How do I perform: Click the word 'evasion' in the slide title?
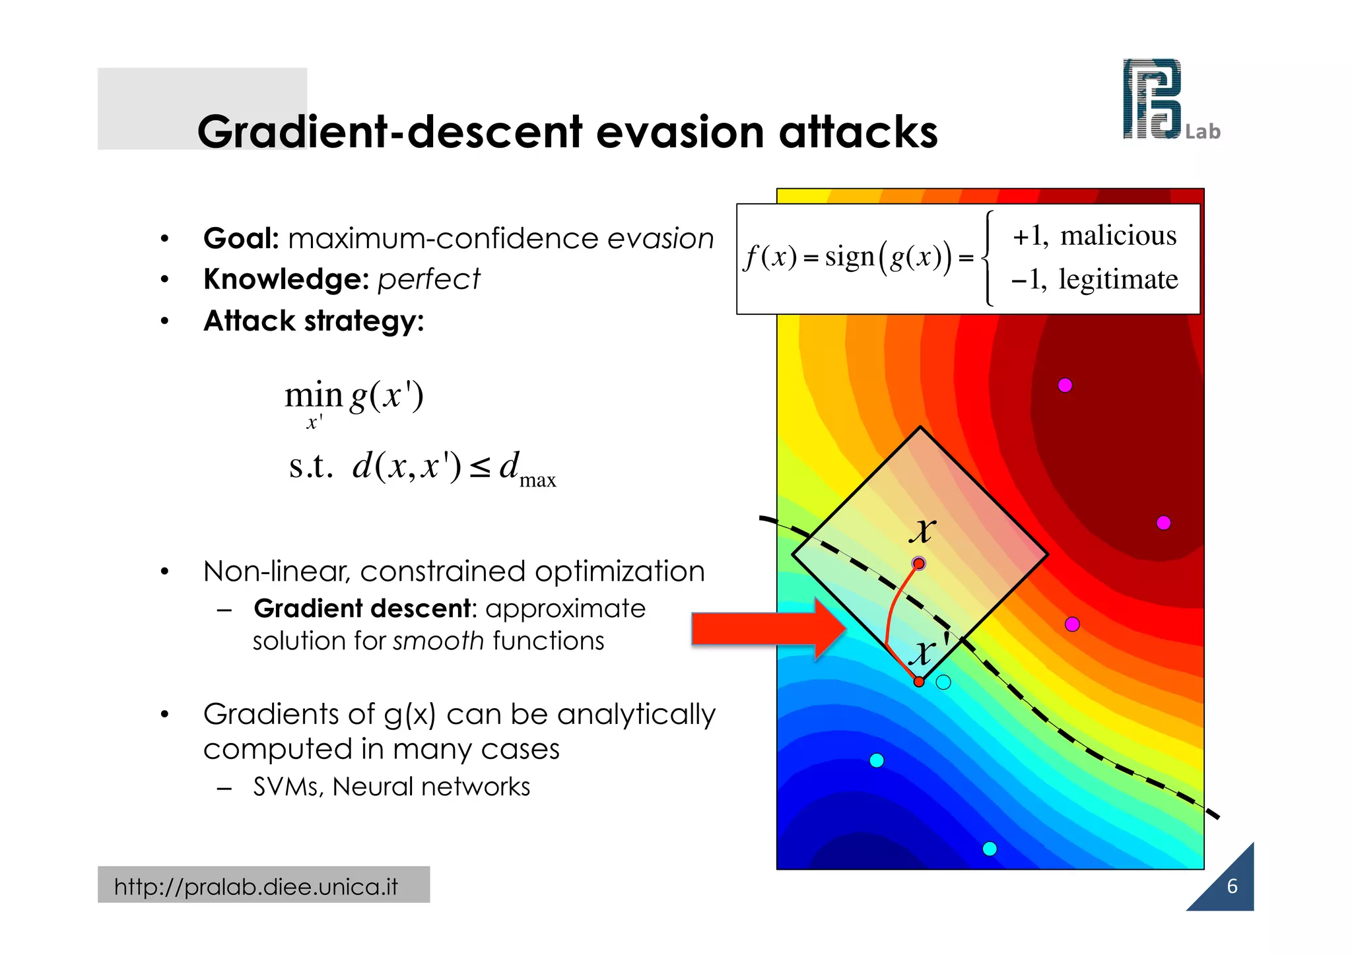(682, 131)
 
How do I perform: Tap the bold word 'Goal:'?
(241, 238)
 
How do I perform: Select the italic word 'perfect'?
(428, 279)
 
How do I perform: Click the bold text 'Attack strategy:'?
(314, 321)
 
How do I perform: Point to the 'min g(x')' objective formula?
(354, 397)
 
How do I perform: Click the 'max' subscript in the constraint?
(537, 480)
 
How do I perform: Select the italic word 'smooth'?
(438, 641)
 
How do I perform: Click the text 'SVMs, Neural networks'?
(391, 787)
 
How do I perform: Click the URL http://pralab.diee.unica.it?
(256, 886)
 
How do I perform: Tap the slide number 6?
(1232, 886)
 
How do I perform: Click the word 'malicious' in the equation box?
(1118, 236)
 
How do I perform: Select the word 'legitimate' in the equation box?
(1118, 279)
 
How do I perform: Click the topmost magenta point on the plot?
(1065, 385)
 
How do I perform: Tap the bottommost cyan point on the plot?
(990, 849)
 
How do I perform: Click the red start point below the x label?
(918, 564)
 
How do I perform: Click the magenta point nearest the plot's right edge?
(1164, 523)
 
